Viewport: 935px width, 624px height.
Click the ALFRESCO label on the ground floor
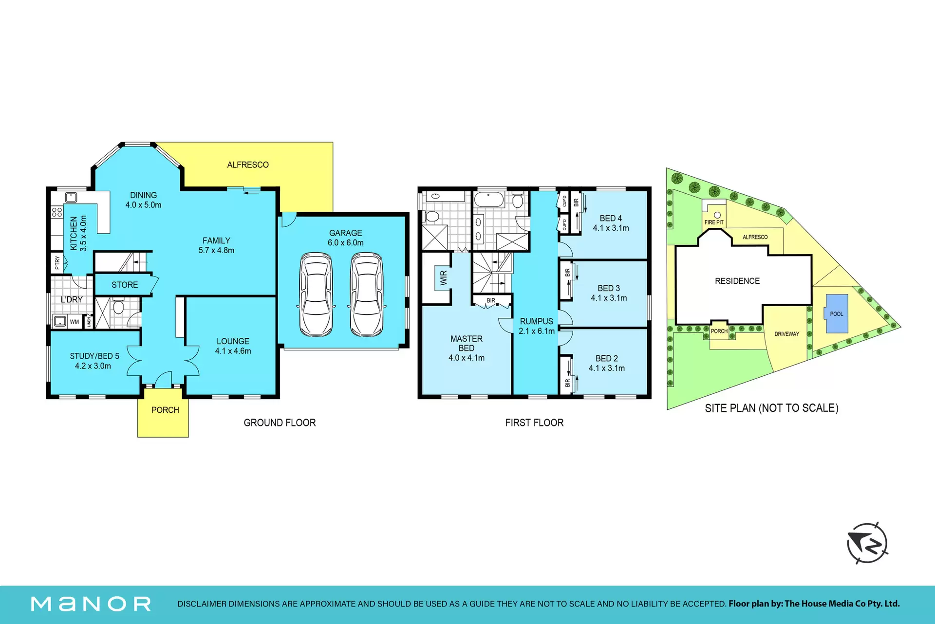(x=248, y=165)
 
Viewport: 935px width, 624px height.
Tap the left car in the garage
(x=317, y=294)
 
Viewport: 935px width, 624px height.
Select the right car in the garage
(x=367, y=294)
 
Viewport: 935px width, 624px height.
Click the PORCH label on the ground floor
(x=165, y=410)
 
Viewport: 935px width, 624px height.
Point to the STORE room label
(x=125, y=285)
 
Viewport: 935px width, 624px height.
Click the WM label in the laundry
(x=74, y=322)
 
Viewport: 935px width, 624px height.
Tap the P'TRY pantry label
(x=57, y=263)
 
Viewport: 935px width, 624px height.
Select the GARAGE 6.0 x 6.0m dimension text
(x=346, y=243)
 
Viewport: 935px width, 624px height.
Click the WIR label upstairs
(x=443, y=278)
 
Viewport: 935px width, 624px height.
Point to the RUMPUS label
(x=537, y=321)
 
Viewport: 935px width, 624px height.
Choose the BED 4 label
(x=611, y=219)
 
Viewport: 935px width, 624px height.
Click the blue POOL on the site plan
(x=836, y=313)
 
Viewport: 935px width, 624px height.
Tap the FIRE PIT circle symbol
(x=717, y=215)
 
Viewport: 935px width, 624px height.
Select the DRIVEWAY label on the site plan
(x=787, y=334)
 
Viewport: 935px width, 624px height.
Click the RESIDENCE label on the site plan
(x=737, y=281)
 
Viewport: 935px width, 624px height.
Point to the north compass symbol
(x=867, y=543)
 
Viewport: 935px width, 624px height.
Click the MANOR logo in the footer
(x=91, y=604)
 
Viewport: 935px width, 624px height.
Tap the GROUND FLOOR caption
(x=280, y=422)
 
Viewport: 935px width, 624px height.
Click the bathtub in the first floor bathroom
(x=489, y=199)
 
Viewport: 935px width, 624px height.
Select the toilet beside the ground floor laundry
(x=118, y=307)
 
